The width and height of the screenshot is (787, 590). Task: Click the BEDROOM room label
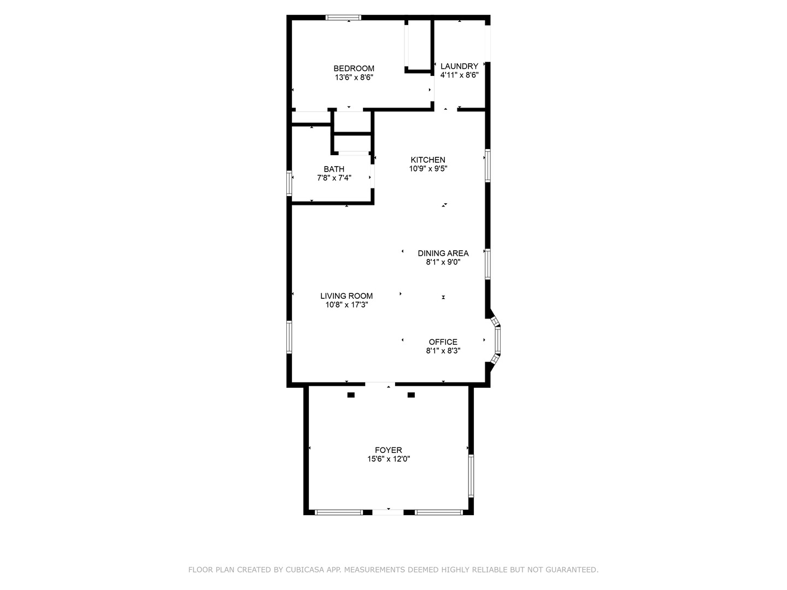click(x=354, y=68)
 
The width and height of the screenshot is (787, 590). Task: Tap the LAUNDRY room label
click(x=459, y=66)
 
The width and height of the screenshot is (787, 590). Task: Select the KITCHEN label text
click(x=428, y=160)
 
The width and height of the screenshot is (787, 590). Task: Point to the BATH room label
click(x=334, y=169)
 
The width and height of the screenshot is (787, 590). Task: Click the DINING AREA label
click(x=443, y=253)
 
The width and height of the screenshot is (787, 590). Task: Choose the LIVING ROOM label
click(x=346, y=296)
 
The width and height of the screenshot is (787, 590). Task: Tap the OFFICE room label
click(x=443, y=342)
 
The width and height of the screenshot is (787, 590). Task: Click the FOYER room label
click(x=389, y=450)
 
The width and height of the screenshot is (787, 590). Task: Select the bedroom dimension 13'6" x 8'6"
click(x=354, y=78)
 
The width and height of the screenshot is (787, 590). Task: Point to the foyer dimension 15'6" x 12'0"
click(x=389, y=459)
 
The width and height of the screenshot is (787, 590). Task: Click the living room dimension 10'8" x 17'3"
click(x=346, y=305)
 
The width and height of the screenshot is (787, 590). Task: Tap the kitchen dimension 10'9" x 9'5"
click(x=428, y=169)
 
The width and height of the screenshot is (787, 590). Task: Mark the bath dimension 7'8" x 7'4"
click(x=334, y=178)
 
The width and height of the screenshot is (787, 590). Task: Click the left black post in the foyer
click(x=351, y=395)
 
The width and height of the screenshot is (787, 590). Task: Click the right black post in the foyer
click(x=411, y=395)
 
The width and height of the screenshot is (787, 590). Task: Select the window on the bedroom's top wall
click(x=343, y=17)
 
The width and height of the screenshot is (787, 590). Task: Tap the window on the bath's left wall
click(x=290, y=183)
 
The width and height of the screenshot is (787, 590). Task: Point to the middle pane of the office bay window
click(x=497, y=340)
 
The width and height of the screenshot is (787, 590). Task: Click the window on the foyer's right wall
click(x=471, y=476)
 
